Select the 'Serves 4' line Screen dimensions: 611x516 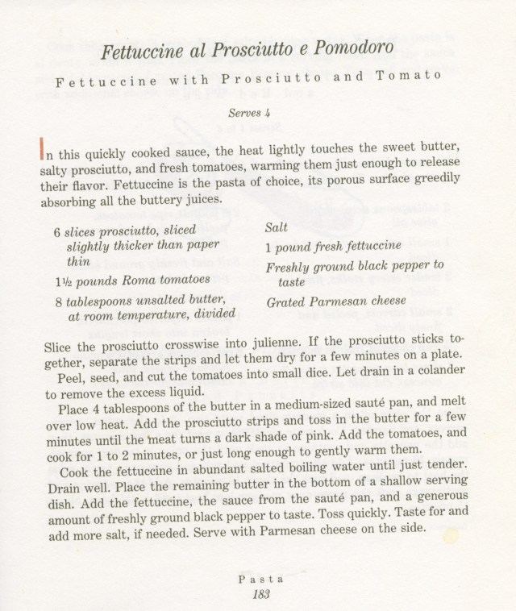pos(248,114)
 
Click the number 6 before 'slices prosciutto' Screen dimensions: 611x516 pos(57,232)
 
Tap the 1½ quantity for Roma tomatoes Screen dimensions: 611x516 pos(64,280)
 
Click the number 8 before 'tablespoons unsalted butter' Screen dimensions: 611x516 pos(58,300)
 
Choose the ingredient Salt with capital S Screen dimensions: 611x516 pos(277,229)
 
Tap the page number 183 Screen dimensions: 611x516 pos(258,594)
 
